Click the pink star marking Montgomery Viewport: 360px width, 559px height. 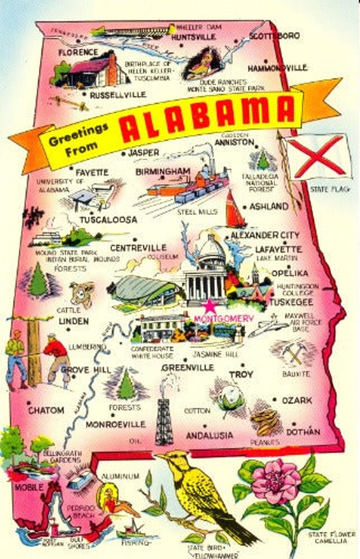point(208,308)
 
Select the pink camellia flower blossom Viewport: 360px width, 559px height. point(276,481)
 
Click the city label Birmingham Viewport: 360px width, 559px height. point(162,171)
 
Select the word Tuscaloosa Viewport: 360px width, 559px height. point(108,220)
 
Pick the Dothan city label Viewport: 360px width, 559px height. point(303,432)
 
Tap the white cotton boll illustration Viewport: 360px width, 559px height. point(231,397)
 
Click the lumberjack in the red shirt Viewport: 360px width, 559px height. point(57,357)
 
